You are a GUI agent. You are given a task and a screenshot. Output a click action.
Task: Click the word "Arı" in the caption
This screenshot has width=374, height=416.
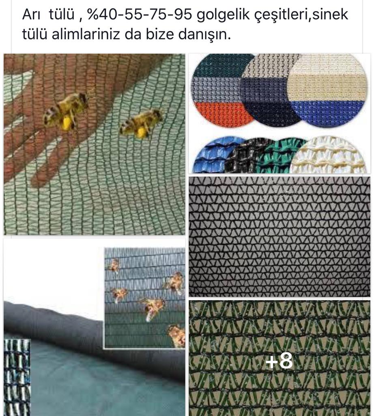tap(31, 15)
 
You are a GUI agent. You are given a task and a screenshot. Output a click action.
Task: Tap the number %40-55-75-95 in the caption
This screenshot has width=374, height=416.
tap(139, 15)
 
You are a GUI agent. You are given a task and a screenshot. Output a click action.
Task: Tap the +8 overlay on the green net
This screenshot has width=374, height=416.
tap(279, 361)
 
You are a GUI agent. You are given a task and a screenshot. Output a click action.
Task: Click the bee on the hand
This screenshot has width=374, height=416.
tap(66, 111)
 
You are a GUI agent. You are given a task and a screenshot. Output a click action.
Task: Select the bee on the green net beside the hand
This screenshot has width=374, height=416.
tap(141, 124)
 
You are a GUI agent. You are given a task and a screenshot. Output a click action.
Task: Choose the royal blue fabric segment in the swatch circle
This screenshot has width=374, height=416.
tap(327, 113)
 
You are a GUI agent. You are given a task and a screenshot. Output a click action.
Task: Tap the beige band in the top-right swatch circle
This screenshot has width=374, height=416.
tap(327, 87)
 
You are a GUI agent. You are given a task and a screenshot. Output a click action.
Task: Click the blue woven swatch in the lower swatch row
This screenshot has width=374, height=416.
tap(215, 156)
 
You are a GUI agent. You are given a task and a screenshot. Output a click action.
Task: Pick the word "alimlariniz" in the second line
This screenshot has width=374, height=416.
tap(86, 35)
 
